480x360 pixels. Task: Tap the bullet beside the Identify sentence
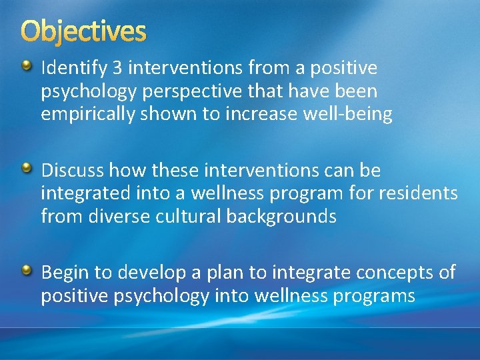pyautogui.click(x=27, y=66)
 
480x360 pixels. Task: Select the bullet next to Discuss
pyautogui.click(x=27, y=169)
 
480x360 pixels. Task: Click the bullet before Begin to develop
pyautogui.click(x=27, y=270)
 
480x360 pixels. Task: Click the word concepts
pyautogui.click(x=393, y=273)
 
